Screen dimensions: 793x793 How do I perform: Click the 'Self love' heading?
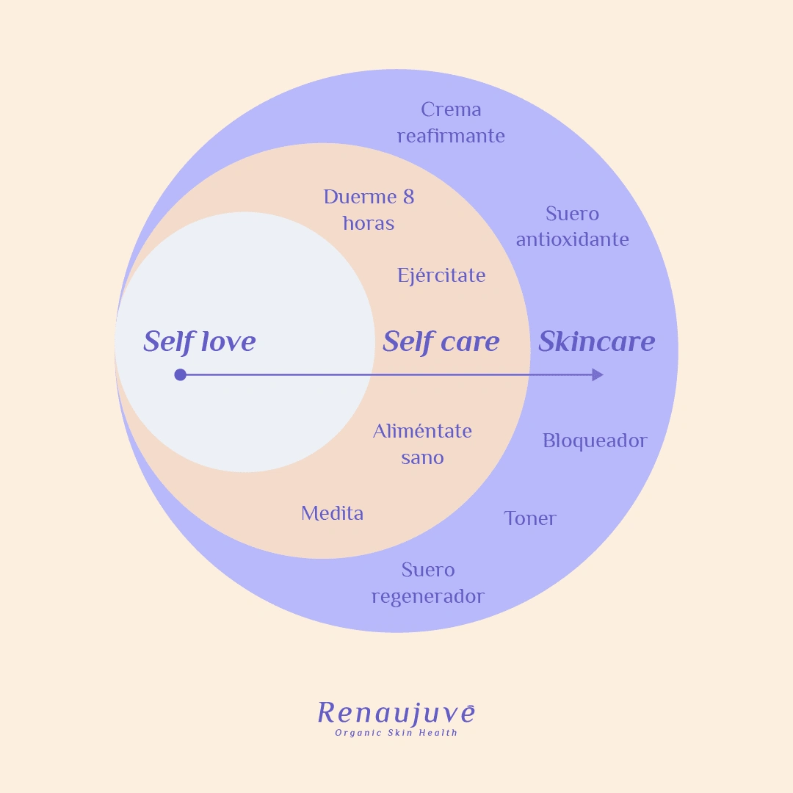pos(200,341)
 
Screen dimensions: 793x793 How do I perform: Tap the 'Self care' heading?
pos(441,341)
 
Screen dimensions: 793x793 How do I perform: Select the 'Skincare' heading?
pos(597,341)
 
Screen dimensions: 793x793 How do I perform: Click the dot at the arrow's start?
pos(180,374)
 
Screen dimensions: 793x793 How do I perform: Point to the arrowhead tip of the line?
pos(604,374)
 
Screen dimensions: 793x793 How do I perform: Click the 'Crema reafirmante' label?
pos(451,123)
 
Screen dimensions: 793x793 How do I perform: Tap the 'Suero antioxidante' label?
pos(573,227)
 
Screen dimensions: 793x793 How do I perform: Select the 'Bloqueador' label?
pos(595,441)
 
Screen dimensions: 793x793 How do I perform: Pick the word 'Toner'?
pos(530,518)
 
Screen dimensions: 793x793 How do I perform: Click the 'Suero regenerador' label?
pos(428,583)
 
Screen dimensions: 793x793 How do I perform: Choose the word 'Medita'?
pos(333,513)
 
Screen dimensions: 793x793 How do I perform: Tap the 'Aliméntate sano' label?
pos(422,444)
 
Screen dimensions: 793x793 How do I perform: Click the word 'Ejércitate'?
pos(441,275)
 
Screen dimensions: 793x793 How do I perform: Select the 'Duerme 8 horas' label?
pos(369,210)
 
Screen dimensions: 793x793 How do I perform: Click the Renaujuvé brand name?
pos(396,714)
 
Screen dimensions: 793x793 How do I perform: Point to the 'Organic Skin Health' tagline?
pos(396,733)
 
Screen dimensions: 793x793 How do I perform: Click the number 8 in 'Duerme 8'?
pos(409,197)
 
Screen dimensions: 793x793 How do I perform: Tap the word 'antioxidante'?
pos(573,239)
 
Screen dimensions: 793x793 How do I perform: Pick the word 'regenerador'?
pos(428,597)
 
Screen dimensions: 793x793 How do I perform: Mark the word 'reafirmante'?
pos(451,136)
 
